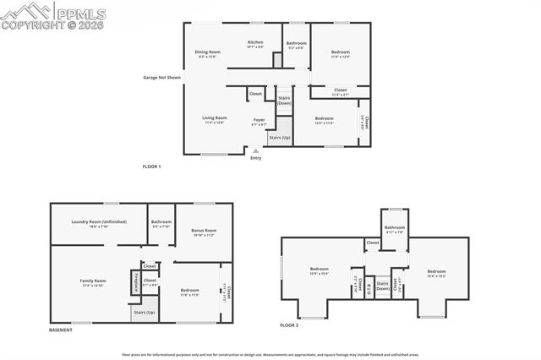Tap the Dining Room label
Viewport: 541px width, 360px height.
[207, 54]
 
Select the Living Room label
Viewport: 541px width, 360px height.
[214, 119]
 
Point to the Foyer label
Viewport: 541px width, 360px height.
[260, 121]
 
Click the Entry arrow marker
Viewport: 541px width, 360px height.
[255, 151]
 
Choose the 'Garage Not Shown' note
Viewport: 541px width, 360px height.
[162, 78]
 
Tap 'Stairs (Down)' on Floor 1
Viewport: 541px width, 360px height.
[284, 100]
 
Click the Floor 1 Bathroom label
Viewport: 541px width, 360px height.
[296, 45]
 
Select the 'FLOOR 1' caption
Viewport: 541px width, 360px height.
[151, 166]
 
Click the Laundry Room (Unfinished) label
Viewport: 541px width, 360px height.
[99, 223]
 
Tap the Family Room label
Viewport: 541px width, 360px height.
[93, 282]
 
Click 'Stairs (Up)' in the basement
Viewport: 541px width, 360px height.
[144, 312]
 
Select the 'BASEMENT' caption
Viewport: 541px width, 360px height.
[61, 330]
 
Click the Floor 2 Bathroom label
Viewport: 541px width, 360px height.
[395, 228]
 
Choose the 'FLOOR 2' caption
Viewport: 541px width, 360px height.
[290, 325]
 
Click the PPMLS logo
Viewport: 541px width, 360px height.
[42, 15]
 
